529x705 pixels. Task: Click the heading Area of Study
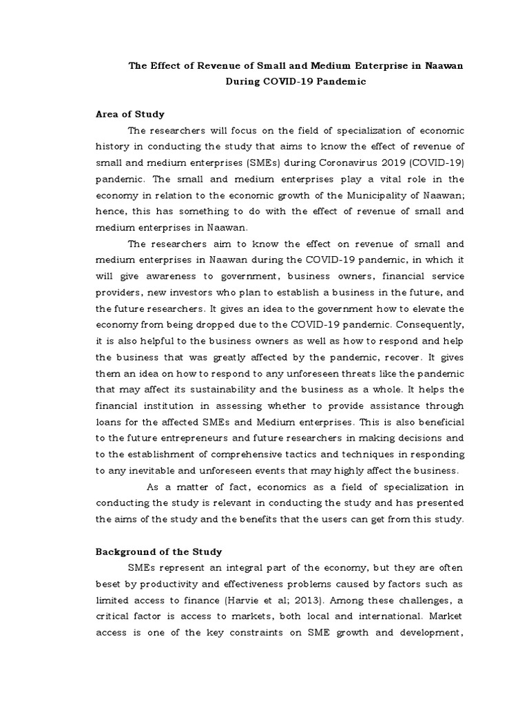129,114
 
